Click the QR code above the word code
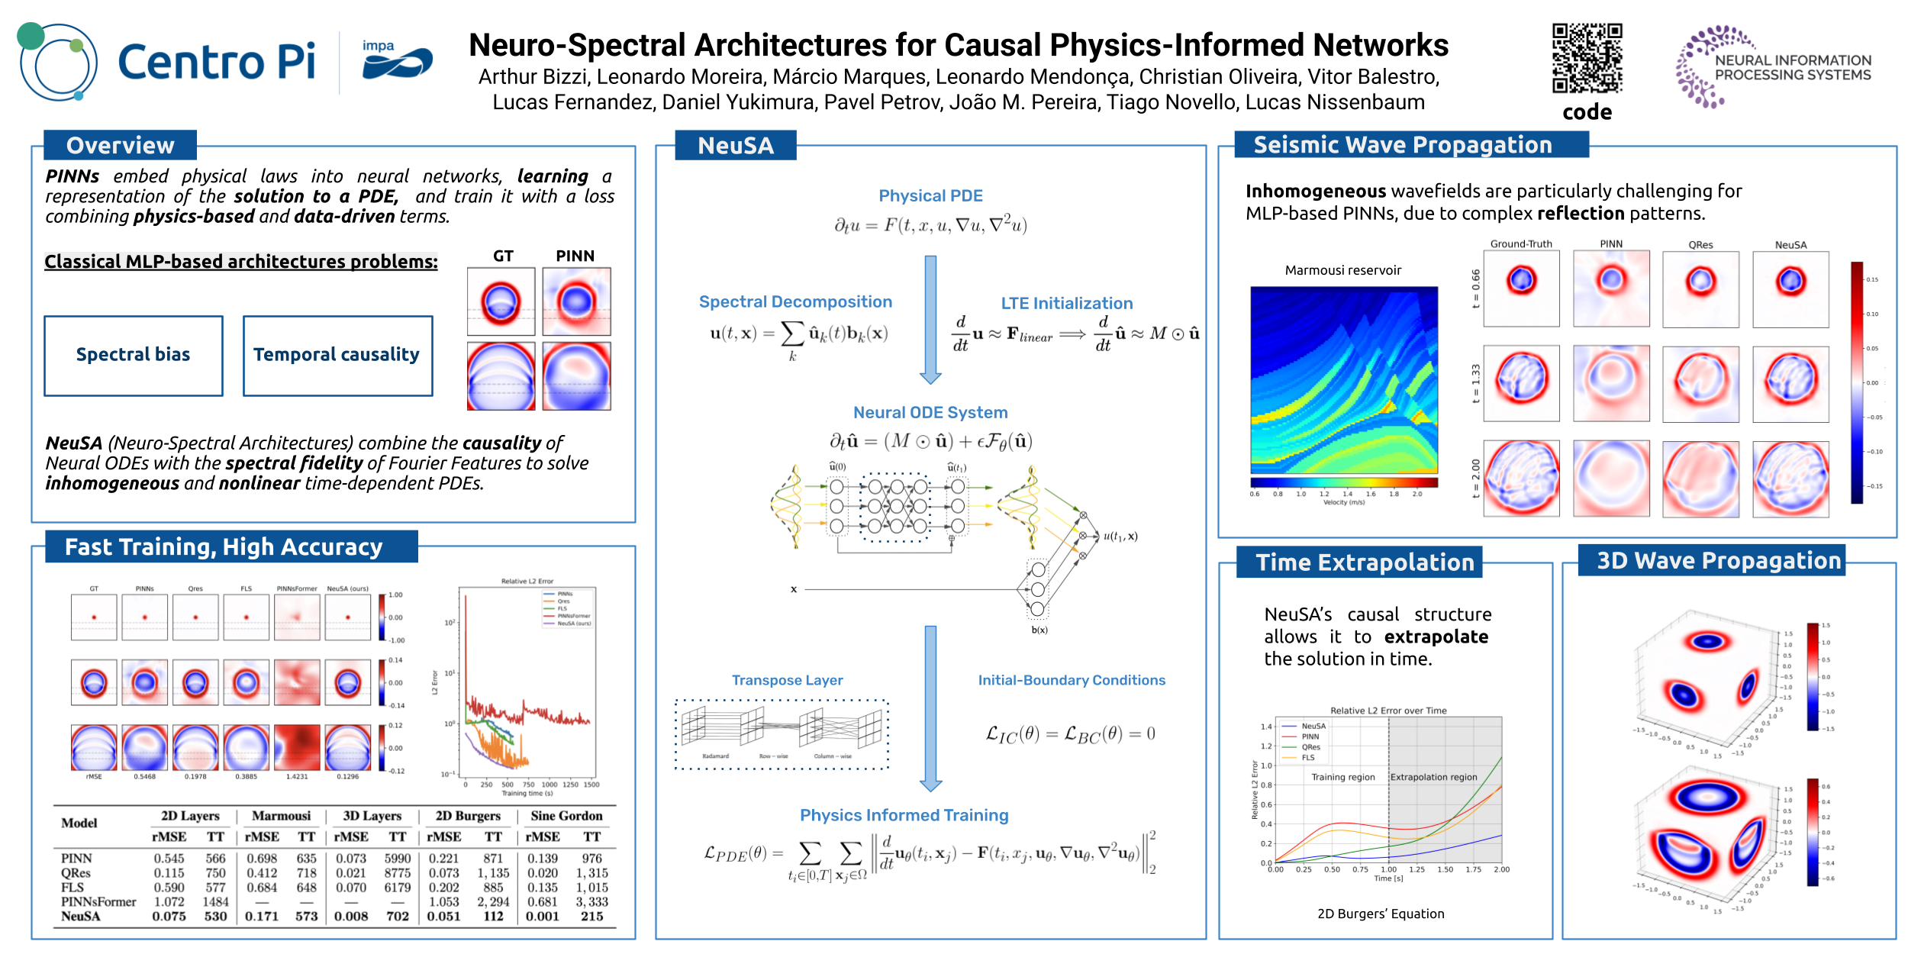pyautogui.click(x=1587, y=58)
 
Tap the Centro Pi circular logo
pyautogui.click(x=58, y=63)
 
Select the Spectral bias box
pyautogui.click(x=134, y=356)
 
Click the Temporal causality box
pyautogui.click(x=337, y=356)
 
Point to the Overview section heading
pyautogui.click(x=120, y=145)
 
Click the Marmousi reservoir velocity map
pyautogui.click(x=1343, y=380)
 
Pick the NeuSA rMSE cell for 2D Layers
pyautogui.click(x=169, y=916)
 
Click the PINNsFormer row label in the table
pyautogui.click(x=98, y=901)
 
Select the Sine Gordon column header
pyautogui.click(x=566, y=816)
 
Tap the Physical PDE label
pyautogui.click(x=930, y=196)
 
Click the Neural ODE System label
pyautogui.click(x=930, y=413)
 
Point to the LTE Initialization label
pyautogui.click(x=1066, y=304)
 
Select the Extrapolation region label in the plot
pyautogui.click(x=1433, y=777)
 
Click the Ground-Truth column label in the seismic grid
pyautogui.click(x=1521, y=244)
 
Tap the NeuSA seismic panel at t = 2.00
pyautogui.click(x=1790, y=479)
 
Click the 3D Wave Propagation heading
pyautogui.click(x=1719, y=561)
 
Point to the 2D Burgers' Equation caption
pyautogui.click(x=1381, y=914)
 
